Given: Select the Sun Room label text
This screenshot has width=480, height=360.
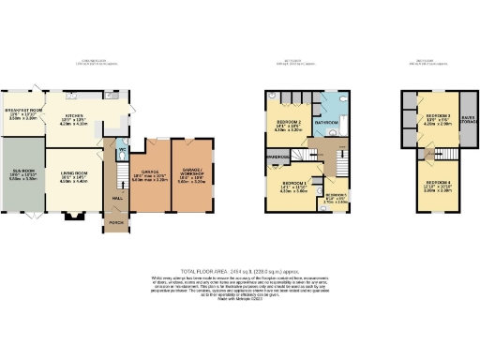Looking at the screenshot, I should [20, 175].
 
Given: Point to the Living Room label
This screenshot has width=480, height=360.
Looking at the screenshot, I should [73, 175].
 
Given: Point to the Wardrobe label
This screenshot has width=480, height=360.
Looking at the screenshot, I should [276, 157].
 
